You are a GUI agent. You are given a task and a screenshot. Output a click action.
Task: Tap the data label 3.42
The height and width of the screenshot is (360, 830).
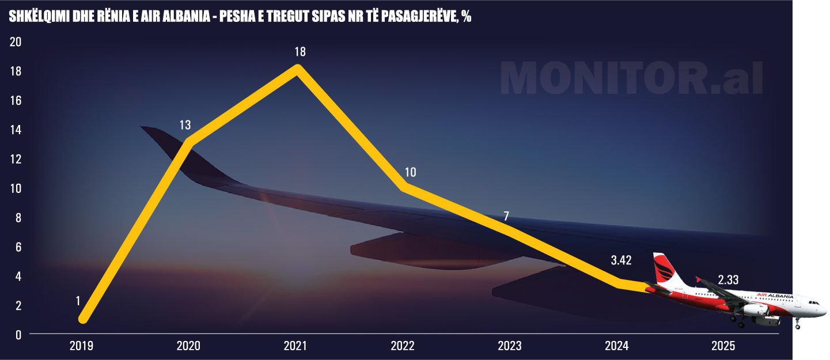621,260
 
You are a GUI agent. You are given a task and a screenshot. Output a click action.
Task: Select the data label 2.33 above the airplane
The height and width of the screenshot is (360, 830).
728,281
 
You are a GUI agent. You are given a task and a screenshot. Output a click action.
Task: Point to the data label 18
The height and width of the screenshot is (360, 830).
300,52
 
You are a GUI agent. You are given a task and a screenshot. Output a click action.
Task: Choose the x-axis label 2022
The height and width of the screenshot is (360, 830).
402,346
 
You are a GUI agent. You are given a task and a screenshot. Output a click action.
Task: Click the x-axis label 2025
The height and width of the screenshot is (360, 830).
723,346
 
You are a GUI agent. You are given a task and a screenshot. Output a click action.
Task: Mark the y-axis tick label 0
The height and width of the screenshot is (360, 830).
18,335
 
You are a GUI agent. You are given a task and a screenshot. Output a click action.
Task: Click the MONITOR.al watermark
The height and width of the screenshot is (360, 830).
631,79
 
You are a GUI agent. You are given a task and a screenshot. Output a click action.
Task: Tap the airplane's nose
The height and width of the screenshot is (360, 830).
824,305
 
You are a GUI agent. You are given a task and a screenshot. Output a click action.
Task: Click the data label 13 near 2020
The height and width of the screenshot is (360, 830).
185,125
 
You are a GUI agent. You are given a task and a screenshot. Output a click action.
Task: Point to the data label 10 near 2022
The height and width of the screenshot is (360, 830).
410,172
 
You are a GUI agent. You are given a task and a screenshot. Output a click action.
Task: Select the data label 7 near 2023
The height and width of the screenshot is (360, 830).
506,217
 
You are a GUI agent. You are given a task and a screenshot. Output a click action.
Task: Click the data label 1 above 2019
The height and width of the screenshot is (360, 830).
78,301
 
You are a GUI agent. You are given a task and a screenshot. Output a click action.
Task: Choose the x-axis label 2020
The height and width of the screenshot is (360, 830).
188,346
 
